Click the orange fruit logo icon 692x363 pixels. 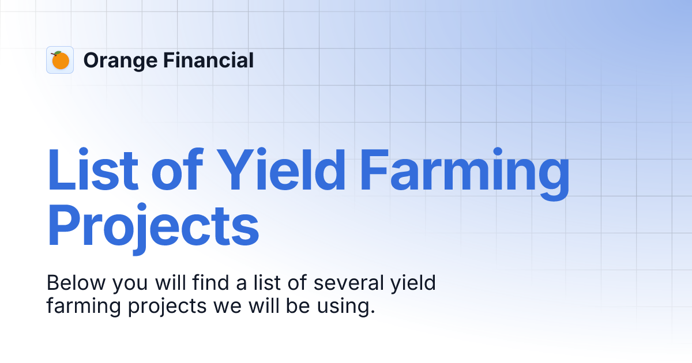(60, 60)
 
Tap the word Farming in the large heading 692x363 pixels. (464, 172)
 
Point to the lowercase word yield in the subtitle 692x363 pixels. (413, 285)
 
